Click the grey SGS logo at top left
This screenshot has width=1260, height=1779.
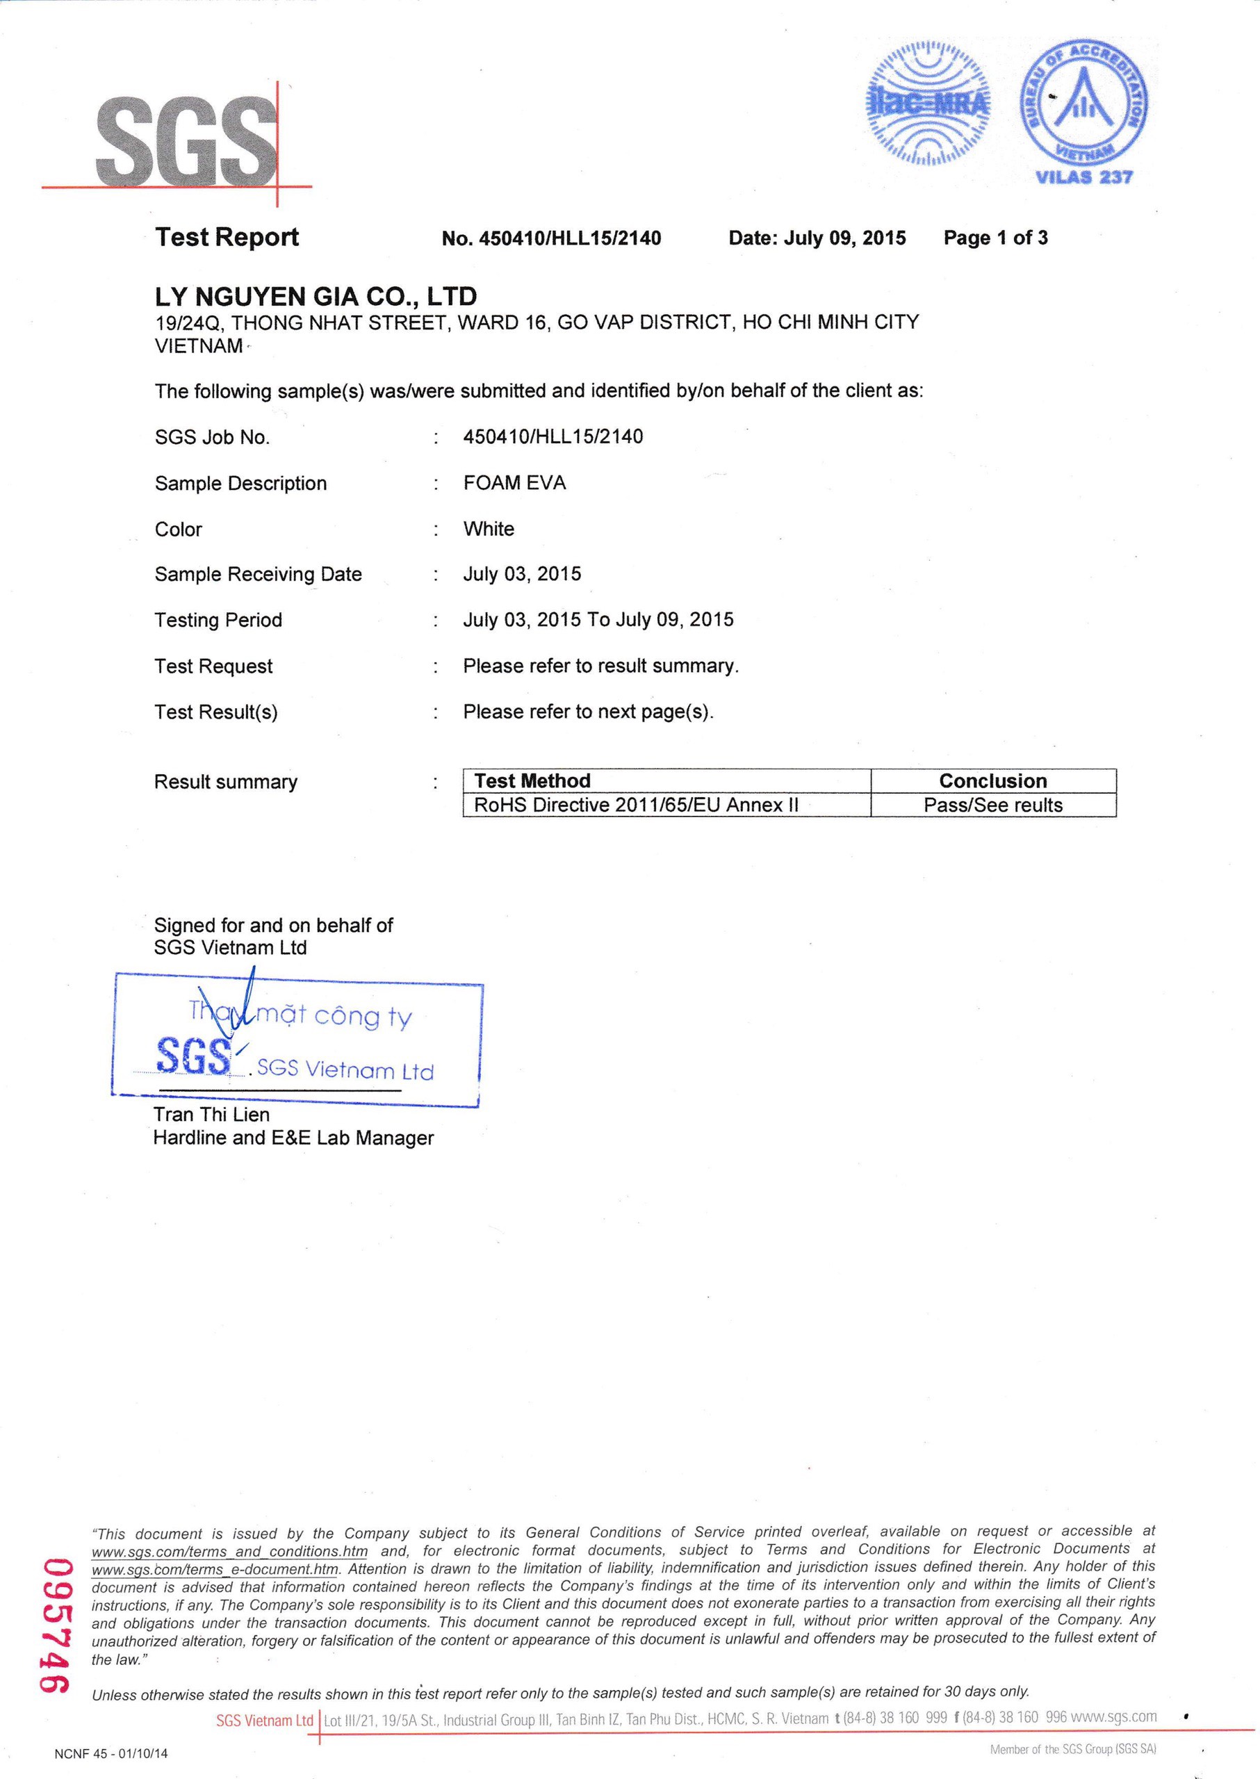coord(186,140)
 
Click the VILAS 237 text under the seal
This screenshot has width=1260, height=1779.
coord(1084,177)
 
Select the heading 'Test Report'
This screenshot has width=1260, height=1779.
coord(227,237)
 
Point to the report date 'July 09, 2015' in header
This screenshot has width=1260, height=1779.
coord(844,238)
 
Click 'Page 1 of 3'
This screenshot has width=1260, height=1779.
coord(995,238)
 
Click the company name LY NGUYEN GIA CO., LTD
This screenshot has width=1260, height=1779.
coord(316,295)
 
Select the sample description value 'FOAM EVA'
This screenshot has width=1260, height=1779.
coord(514,482)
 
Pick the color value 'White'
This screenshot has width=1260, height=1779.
coord(489,528)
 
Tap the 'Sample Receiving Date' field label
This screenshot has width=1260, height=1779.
coord(259,574)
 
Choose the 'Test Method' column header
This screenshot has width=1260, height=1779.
coord(532,780)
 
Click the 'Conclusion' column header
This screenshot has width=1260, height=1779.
coord(993,780)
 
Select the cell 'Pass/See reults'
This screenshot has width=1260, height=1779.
coord(993,805)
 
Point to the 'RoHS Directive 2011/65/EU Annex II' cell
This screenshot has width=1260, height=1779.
coord(636,805)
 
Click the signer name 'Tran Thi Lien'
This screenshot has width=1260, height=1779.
coord(212,1115)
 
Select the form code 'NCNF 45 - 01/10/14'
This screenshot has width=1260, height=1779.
coord(111,1753)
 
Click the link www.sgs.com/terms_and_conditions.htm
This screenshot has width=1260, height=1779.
coord(229,1552)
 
